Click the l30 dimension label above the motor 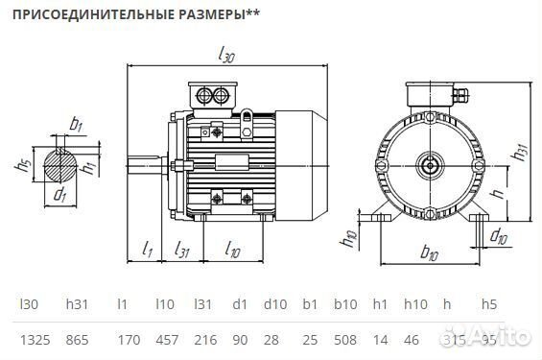226,57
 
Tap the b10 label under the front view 429,253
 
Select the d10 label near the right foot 499,235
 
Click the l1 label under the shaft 148,250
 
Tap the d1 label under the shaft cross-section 60,195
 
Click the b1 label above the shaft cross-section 76,124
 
